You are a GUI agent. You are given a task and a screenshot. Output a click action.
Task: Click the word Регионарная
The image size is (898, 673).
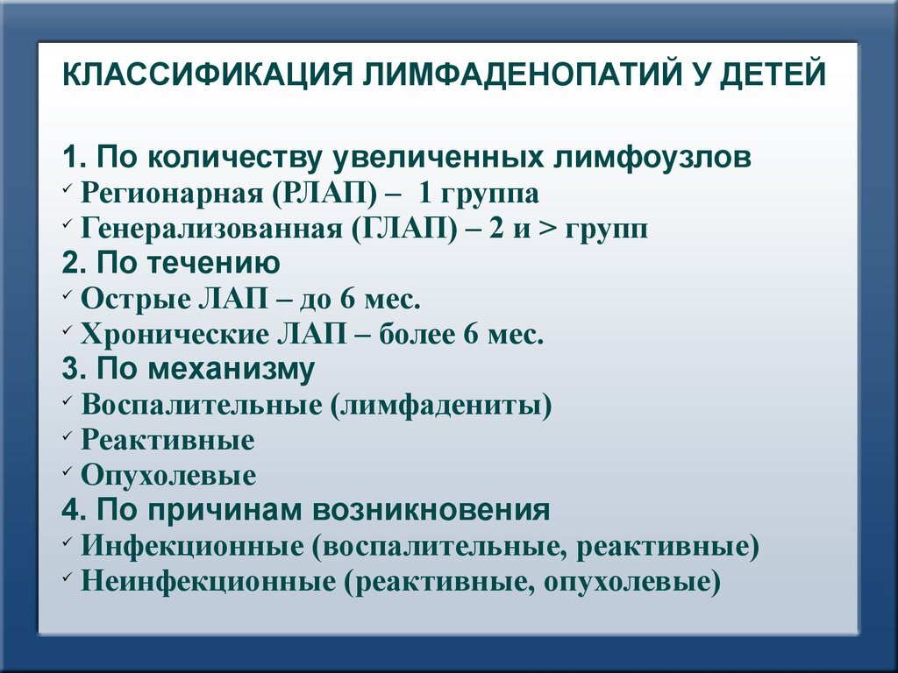click(171, 194)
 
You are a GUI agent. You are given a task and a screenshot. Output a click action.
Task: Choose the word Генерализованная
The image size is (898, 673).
click(211, 230)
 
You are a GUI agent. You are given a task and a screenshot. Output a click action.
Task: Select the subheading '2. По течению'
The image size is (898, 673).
click(171, 263)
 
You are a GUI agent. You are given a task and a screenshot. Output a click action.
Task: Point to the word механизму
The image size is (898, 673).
click(231, 370)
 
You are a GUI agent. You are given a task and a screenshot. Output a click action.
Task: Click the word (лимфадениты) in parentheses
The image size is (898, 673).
click(440, 405)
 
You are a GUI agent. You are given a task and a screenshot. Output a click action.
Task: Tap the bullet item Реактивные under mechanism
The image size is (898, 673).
click(167, 440)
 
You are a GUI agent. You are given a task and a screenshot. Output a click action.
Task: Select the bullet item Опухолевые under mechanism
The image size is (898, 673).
click(168, 476)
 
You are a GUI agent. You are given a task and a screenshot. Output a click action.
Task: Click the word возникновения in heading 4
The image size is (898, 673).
click(431, 511)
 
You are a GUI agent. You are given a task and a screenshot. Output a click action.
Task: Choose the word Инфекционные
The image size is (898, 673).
click(192, 546)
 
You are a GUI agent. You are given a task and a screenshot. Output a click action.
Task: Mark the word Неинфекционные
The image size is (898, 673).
click(209, 582)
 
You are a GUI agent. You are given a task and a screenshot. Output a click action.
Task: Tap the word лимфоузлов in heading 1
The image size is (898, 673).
click(652, 158)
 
